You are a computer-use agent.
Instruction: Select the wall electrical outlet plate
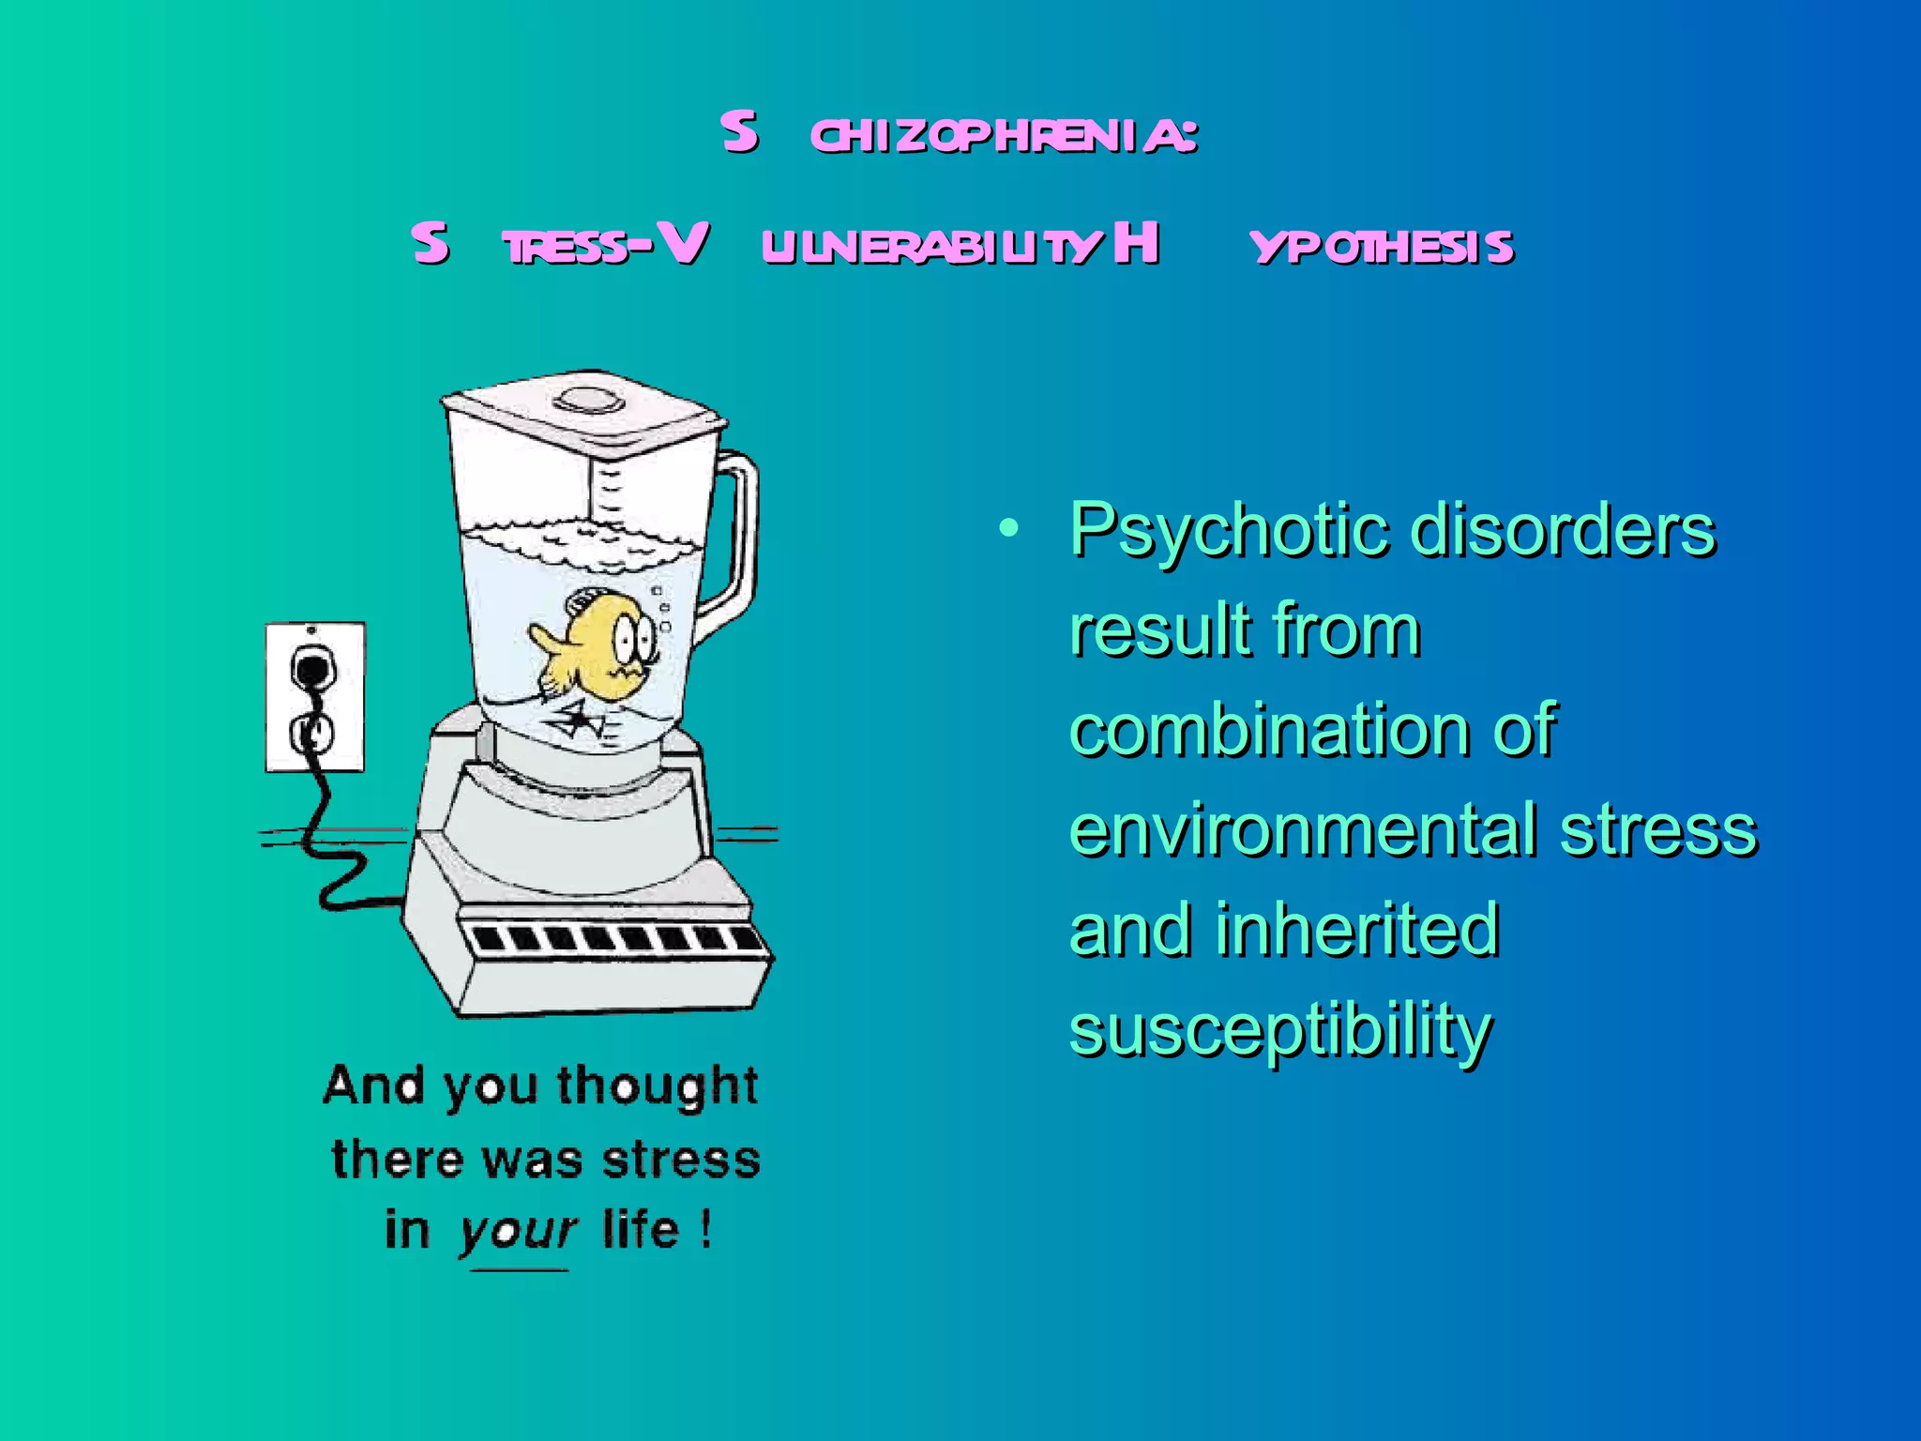click(x=315, y=696)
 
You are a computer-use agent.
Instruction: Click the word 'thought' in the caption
click(x=657, y=1085)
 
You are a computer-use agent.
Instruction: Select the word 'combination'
click(x=1269, y=730)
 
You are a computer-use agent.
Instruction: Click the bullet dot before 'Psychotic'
click(x=1008, y=528)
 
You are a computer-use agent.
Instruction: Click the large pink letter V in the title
click(x=682, y=243)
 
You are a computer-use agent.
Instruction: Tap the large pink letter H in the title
click(x=1136, y=243)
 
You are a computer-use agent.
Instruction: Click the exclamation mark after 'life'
click(x=704, y=1229)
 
